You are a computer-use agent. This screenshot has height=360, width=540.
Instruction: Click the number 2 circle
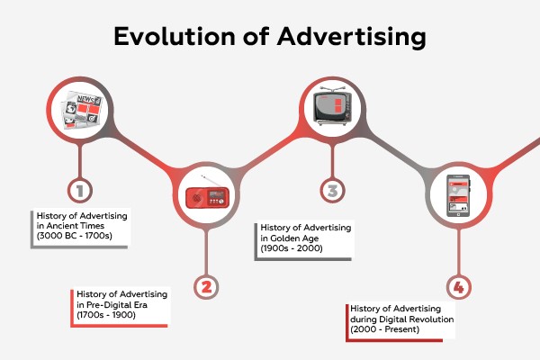coord(206,287)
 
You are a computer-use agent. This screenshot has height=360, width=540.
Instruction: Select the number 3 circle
coord(332,190)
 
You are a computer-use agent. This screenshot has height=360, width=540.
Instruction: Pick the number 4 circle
coord(459,287)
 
